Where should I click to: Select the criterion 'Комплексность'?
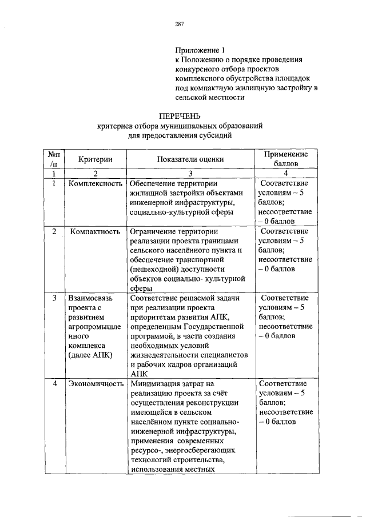point(95,184)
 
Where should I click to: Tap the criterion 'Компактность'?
point(95,232)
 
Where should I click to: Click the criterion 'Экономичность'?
point(96,384)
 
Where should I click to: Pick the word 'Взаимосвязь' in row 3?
point(91,298)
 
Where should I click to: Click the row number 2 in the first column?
point(54,232)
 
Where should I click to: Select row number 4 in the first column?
point(54,384)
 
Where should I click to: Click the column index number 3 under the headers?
point(191,173)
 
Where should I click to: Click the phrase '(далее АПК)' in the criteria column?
point(90,354)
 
